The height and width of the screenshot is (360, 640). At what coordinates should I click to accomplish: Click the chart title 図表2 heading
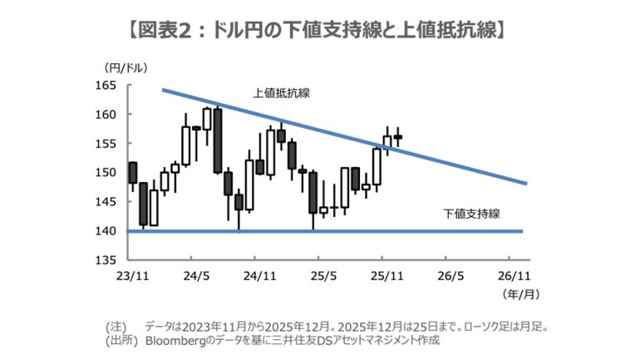[319, 32]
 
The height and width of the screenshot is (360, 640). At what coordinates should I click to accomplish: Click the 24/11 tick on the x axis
[258, 274]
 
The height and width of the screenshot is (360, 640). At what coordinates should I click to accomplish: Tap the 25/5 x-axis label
[322, 274]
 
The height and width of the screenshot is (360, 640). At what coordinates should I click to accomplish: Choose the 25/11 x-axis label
[386, 274]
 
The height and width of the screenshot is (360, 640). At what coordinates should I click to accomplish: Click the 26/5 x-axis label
[450, 274]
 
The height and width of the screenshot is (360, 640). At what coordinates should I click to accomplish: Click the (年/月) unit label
[515, 293]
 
